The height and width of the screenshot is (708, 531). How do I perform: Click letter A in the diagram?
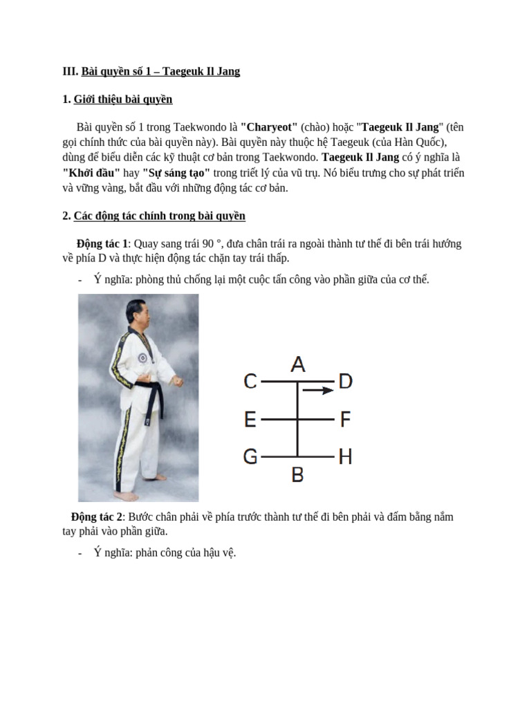pos(298,364)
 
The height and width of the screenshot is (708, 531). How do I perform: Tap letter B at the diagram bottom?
pos(298,475)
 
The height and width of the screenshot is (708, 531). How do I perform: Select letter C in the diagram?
pos(250,381)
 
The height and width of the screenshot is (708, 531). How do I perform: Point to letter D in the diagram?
pos(346,381)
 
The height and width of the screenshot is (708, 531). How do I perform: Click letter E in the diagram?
pos(250,419)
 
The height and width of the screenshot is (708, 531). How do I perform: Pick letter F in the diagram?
pos(346,419)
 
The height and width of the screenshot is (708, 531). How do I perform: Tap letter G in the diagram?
pos(250,456)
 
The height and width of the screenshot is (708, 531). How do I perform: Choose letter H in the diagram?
pos(346,456)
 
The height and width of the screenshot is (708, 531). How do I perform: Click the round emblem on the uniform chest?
pos(142,358)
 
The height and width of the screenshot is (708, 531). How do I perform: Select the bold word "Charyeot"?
pos(269,127)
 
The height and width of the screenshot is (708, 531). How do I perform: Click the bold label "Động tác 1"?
pos(102,244)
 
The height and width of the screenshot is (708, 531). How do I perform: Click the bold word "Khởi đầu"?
pos(91,173)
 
